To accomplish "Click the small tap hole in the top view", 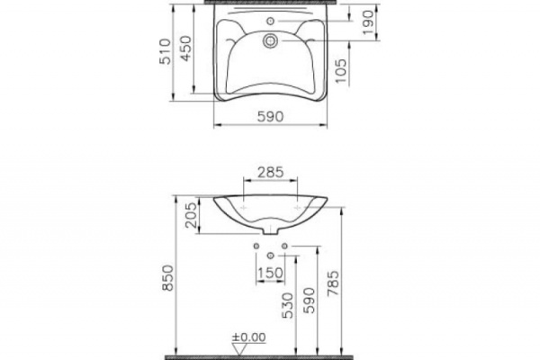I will [269, 20].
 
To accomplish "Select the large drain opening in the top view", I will [269, 40].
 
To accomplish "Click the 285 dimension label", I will [269, 171].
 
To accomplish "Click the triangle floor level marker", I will [236, 346].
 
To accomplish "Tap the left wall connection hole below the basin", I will [256, 246].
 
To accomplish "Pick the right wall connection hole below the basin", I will [283, 246].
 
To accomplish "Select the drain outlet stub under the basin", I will [270, 231].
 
